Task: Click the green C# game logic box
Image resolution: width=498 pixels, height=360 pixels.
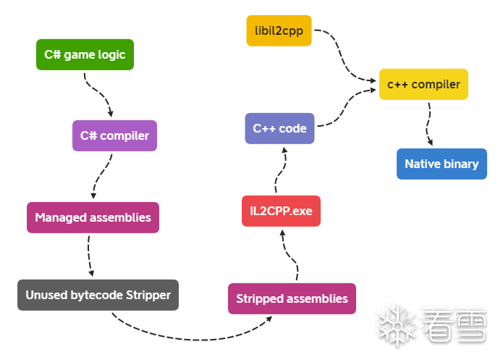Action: tap(85, 54)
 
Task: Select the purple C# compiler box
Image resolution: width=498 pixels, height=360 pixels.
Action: tap(114, 135)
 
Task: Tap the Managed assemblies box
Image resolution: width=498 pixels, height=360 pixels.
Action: tap(93, 217)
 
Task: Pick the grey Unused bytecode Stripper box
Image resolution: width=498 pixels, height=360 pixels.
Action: tap(98, 295)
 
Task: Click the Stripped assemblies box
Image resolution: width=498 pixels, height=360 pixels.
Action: tap(292, 298)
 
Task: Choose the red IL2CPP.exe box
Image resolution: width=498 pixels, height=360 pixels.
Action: tap(281, 211)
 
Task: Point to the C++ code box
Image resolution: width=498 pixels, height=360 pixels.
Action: tap(279, 128)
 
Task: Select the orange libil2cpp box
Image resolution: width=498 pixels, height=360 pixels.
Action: tap(279, 30)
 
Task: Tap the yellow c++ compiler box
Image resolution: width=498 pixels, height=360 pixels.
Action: tap(423, 84)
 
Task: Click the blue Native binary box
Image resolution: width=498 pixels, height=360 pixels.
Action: tap(442, 164)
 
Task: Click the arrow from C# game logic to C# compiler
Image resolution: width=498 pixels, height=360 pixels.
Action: tap(98, 93)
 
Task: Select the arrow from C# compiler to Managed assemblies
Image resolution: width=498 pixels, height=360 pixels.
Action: tap(101, 175)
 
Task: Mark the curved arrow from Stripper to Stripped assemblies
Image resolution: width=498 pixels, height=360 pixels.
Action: tap(195, 338)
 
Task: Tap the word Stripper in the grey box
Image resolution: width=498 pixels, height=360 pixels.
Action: tap(148, 295)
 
